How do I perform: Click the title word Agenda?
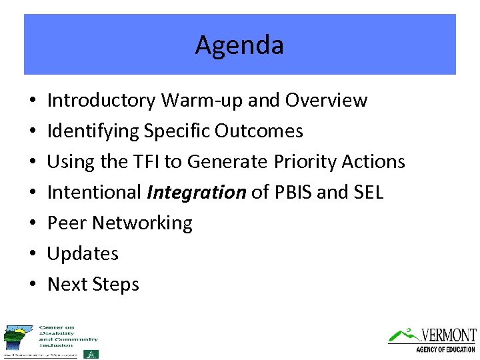click(239, 45)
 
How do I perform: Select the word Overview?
click(326, 100)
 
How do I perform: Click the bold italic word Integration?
click(197, 193)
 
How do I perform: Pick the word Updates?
click(83, 253)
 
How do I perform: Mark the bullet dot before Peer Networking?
click(33, 223)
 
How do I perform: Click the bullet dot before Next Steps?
click(33, 285)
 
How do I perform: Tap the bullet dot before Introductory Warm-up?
click(33, 101)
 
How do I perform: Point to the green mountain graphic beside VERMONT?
click(404, 334)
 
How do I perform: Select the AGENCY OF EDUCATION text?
click(445, 349)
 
